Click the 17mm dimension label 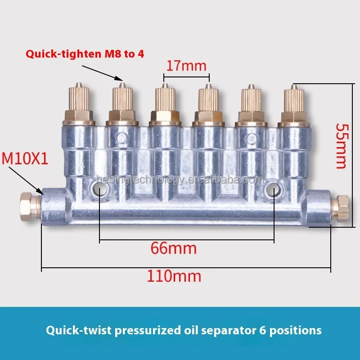coord(186,66)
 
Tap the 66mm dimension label coord(173,248)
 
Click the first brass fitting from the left coord(79,103)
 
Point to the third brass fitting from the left coord(165,104)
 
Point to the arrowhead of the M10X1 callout coord(43,193)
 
